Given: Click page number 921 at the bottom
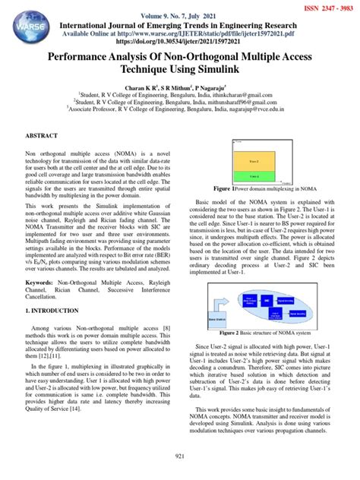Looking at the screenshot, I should coord(180,455).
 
